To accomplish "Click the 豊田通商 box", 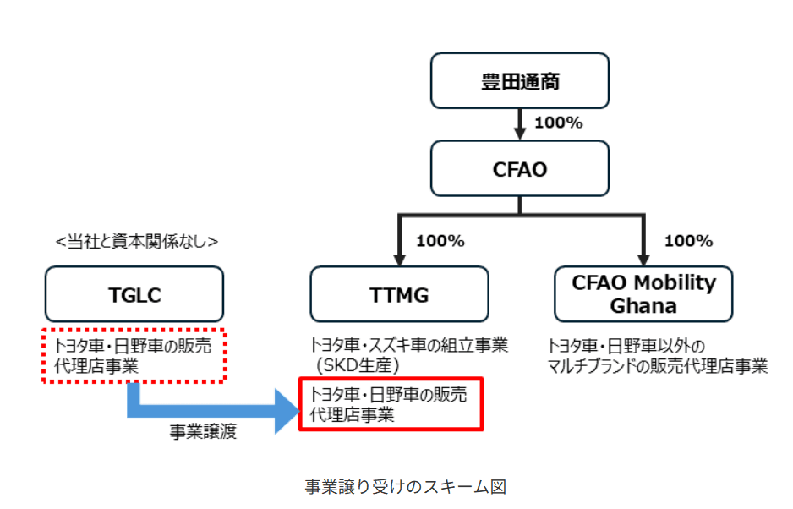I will click(x=519, y=82).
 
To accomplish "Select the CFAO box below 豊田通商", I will click(x=519, y=169).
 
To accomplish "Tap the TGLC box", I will click(x=134, y=294).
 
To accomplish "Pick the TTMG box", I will click(x=399, y=294).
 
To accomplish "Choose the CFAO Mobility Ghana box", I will click(x=643, y=294).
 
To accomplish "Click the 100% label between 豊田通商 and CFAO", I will click(x=559, y=123).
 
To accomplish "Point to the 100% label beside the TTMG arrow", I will click(x=440, y=241).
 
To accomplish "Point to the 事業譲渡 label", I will click(x=204, y=432).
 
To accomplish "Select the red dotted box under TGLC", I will click(x=134, y=356).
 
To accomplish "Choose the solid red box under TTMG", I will click(x=391, y=403).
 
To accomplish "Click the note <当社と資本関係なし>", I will click(x=136, y=241).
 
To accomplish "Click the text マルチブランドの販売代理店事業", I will click(x=658, y=366).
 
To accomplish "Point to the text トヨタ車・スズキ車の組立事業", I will click(x=409, y=347).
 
